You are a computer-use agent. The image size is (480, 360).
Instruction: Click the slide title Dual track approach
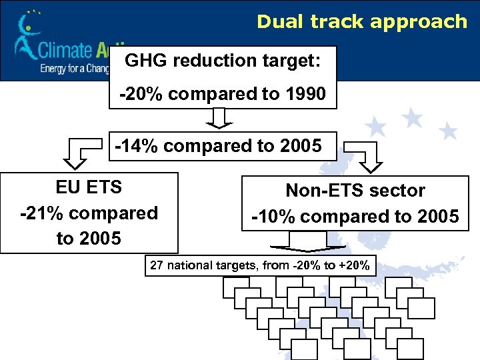(x=362, y=21)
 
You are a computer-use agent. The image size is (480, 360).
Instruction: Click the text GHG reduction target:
(x=223, y=61)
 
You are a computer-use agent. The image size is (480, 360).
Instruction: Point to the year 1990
(x=304, y=94)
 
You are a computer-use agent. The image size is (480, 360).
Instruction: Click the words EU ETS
(x=89, y=187)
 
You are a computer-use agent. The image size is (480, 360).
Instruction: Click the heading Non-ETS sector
(x=355, y=191)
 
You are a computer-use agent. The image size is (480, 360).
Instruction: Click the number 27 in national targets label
(x=157, y=265)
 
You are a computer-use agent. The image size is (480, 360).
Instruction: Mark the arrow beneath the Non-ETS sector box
(x=307, y=241)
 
